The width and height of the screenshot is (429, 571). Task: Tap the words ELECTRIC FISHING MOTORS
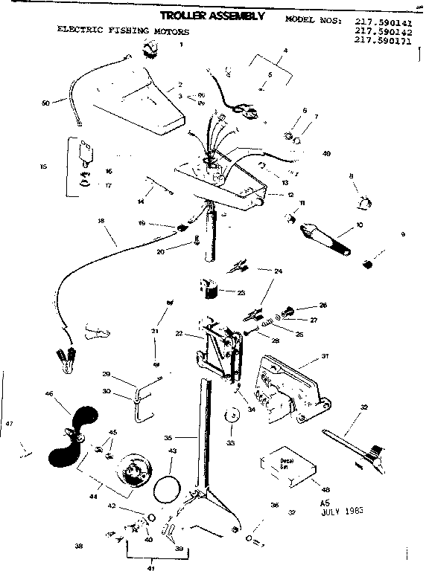coord(123,32)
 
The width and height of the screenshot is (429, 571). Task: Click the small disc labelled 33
coord(230,416)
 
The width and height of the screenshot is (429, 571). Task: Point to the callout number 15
coord(42,166)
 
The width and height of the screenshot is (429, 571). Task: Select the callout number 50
coord(44,103)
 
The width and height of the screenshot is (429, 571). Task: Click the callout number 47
coord(9,423)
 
